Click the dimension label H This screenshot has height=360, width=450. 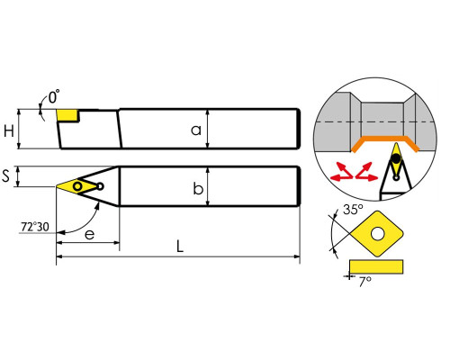click(9, 131)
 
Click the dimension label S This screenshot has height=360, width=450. click(5, 175)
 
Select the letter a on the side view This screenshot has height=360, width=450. click(196, 130)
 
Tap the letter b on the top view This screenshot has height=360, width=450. click(198, 188)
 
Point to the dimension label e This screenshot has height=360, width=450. click(90, 234)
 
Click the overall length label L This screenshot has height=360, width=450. click(179, 246)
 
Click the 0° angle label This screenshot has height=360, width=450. click(54, 96)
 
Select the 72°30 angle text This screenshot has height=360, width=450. click(35, 227)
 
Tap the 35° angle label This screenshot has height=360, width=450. click(353, 209)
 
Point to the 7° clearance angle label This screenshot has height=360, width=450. click(364, 282)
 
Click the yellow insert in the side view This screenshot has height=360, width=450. click(67, 115)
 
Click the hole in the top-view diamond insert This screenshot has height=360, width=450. click(77, 186)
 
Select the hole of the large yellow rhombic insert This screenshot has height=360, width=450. click(377, 234)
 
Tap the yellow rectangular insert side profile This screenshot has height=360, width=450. click(376, 266)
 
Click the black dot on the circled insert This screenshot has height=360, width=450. click(396, 157)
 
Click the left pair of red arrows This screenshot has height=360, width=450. click(342, 172)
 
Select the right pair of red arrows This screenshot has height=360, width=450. click(366, 172)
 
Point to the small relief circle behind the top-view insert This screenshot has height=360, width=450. click(101, 186)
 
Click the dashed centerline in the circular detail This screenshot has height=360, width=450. click(375, 121)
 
